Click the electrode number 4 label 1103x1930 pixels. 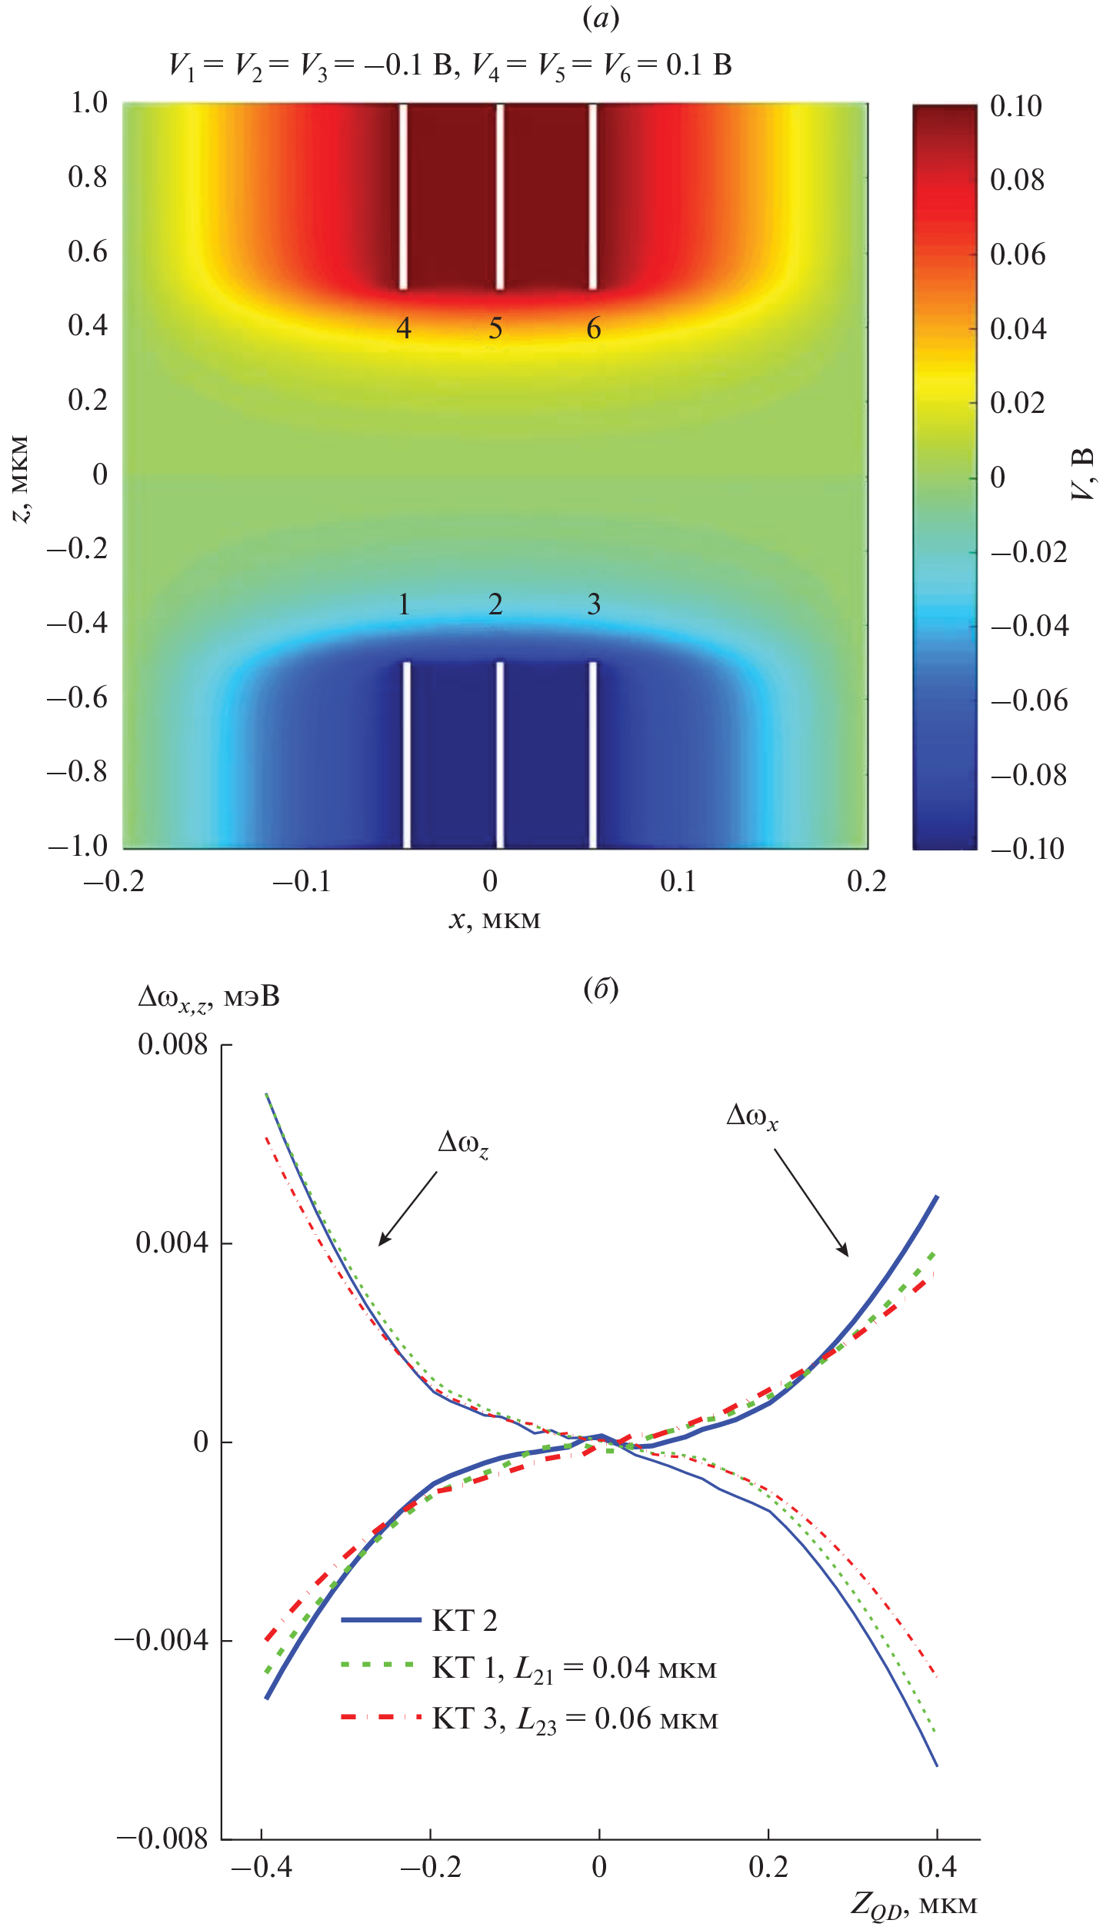(x=404, y=328)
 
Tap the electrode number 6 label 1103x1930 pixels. (x=594, y=328)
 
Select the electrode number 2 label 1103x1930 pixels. (x=495, y=604)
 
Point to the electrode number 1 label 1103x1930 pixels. (x=404, y=604)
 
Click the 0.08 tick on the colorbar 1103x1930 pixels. (x=1017, y=180)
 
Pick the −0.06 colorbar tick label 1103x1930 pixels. (x=1029, y=700)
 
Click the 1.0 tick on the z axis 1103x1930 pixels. (x=88, y=102)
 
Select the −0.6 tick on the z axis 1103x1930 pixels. (x=78, y=697)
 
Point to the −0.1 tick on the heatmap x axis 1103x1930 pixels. (x=301, y=882)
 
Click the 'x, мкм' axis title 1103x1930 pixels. (x=495, y=920)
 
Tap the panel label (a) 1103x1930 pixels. (x=601, y=18)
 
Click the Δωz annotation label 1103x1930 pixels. (x=463, y=1144)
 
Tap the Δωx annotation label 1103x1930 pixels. (x=752, y=1116)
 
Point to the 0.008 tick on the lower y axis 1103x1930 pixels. (x=172, y=1044)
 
